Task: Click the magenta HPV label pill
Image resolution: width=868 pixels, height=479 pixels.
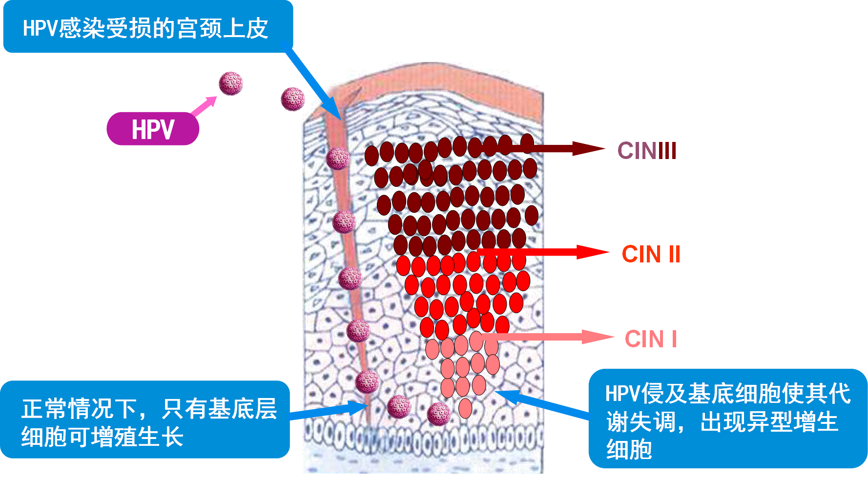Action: click(153, 129)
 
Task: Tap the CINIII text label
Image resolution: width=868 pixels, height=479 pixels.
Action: click(647, 151)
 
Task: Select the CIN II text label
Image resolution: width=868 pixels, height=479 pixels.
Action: click(651, 254)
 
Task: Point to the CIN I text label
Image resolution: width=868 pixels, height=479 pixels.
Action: click(651, 339)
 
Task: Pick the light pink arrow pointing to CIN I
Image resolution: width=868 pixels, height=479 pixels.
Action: click(547, 337)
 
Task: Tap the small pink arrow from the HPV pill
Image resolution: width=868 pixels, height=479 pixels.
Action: click(204, 106)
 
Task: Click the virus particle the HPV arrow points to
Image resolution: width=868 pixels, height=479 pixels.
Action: click(230, 83)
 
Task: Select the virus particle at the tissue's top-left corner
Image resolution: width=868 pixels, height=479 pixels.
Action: click(292, 99)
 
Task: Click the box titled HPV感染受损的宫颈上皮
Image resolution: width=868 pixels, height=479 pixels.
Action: click(147, 27)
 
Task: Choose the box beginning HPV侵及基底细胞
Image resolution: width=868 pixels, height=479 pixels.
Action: click(727, 419)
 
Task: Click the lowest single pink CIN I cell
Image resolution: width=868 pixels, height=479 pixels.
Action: click(465, 409)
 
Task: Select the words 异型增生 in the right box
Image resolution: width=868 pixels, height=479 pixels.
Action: click(769, 421)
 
